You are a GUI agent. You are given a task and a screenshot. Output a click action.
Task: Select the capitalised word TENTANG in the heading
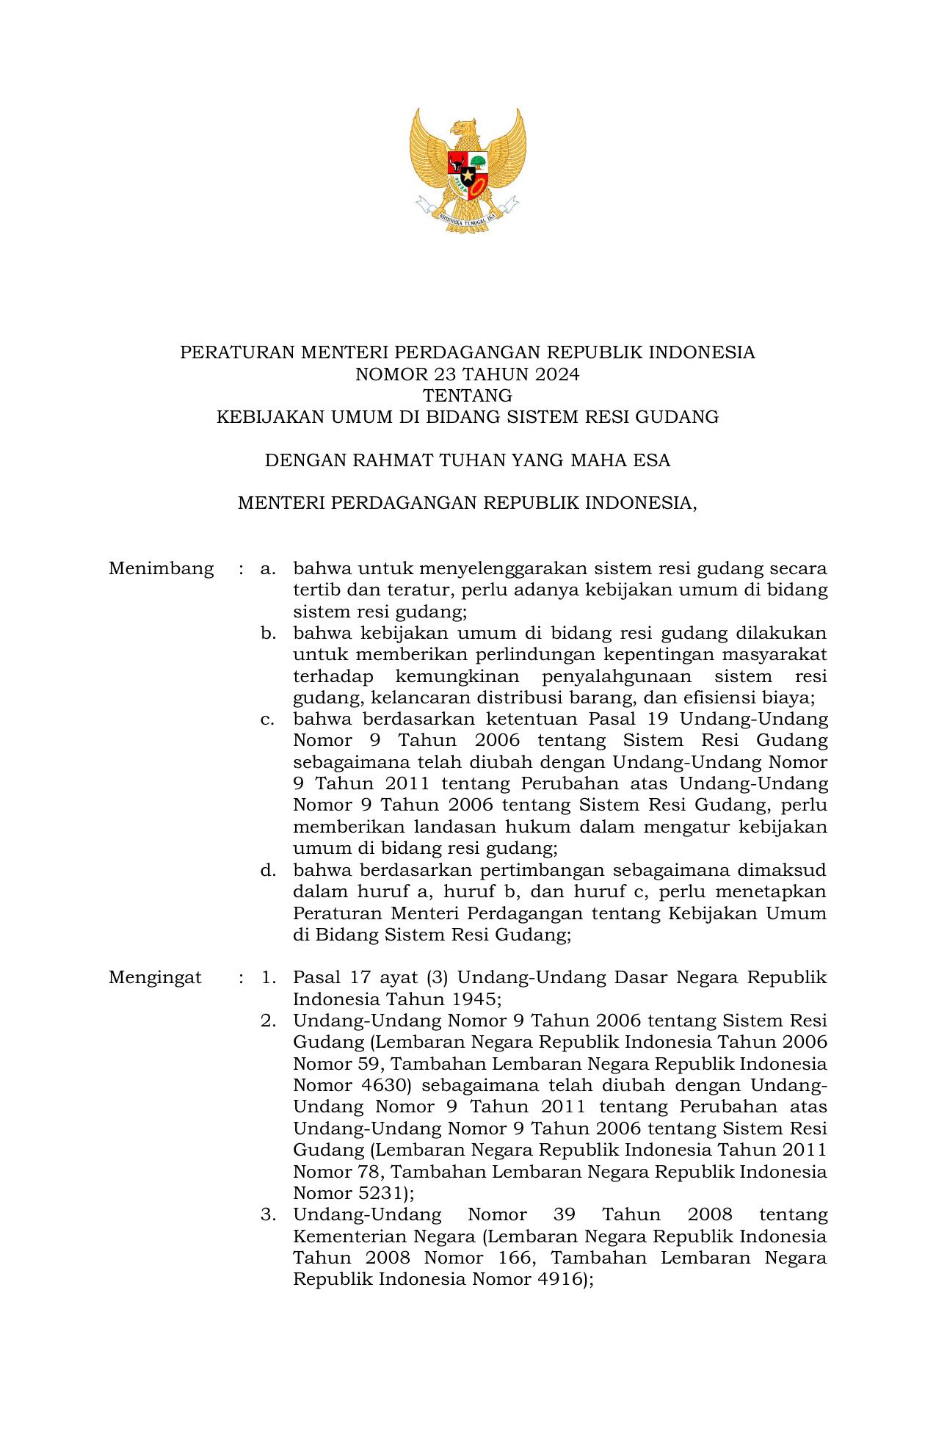[x=468, y=396]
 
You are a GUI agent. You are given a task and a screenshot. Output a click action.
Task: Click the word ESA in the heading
[x=653, y=460]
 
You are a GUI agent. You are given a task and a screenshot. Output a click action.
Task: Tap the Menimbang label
[x=161, y=568]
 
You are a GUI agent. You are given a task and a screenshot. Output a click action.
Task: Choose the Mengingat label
[x=155, y=977]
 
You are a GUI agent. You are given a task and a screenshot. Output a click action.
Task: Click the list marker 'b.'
[x=268, y=633]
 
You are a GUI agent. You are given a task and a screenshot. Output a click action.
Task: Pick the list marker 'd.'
[x=268, y=870]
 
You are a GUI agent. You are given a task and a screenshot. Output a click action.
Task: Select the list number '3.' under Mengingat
[x=268, y=1214]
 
